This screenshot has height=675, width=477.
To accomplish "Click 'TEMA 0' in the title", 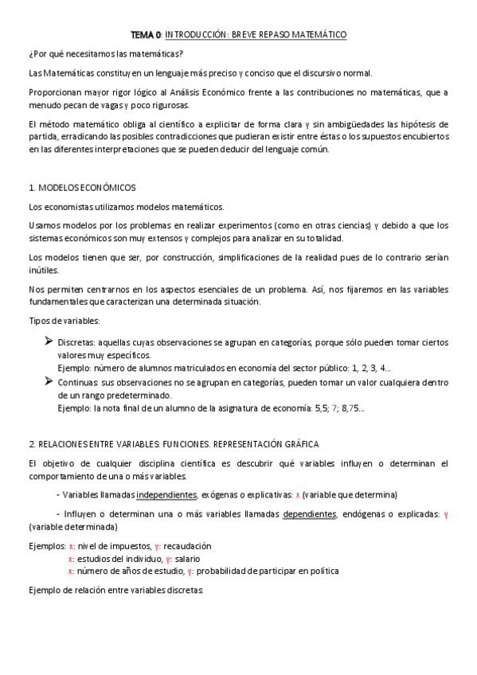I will [x=146, y=35].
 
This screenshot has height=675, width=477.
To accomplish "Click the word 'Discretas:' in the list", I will [x=78, y=342].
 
